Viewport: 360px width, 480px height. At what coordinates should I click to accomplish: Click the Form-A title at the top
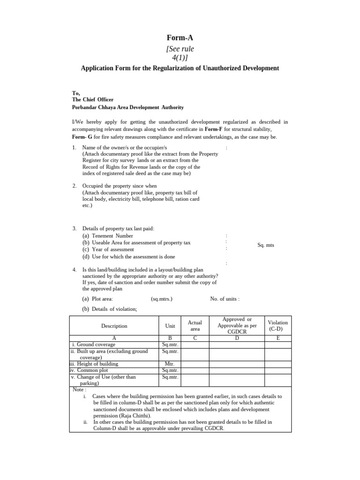click(x=180, y=38)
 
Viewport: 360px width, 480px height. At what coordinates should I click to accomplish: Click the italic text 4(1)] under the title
click(x=180, y=57)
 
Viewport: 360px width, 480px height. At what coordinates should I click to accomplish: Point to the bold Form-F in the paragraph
click(x=214, y=128)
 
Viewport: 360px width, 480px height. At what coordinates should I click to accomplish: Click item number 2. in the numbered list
click(x=75, y=186)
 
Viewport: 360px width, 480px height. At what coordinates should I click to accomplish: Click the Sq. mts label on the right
click(x=266, y=245)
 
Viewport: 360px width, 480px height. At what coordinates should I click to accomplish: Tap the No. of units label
click(x=225, y=299)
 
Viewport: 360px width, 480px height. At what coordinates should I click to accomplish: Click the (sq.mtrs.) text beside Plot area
click(x=162, y=299)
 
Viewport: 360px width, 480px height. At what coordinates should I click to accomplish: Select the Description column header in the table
click(x=114, y=326)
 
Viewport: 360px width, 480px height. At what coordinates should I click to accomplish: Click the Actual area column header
click(x=195, y=326)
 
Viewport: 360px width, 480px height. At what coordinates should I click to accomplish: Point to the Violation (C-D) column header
click(x=277, y=326)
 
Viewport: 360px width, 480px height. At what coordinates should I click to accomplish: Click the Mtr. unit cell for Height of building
click(x=170, y=363)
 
